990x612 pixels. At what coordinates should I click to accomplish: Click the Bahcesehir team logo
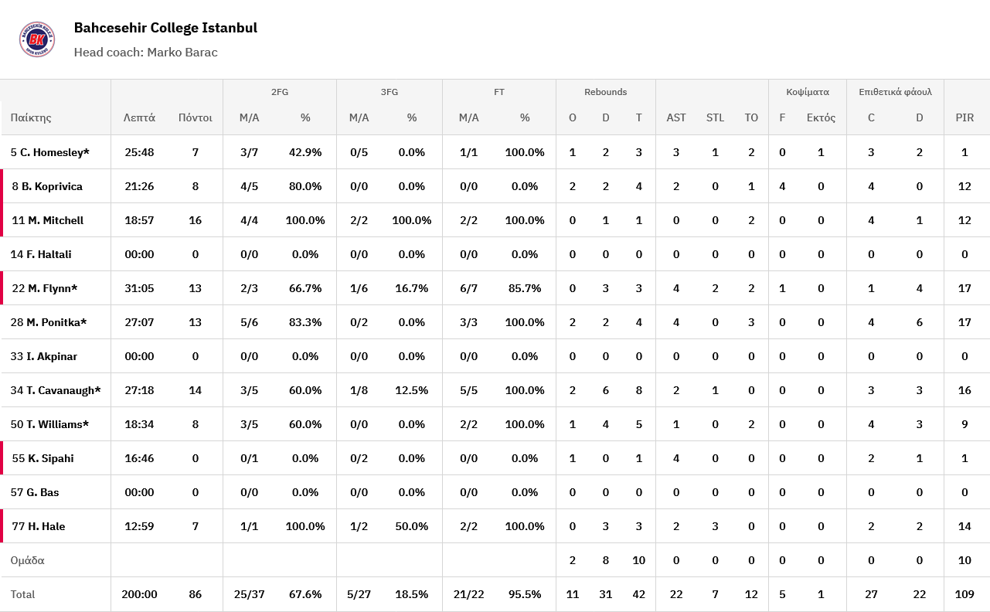pyautogui.click(x=37, y=39)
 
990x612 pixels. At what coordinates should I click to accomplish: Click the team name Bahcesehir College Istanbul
pyautogui.click(x=165, y=28)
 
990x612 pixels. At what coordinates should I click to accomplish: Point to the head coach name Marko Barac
pyautogui.click(x=182, y=53)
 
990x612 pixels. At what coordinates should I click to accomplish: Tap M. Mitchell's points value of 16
pyautogui.click(x=195, y=220)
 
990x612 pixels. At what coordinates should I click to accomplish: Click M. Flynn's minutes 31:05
pyautogui.click(x=139, y=288)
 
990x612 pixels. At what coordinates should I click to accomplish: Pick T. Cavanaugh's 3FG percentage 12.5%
pyautogui.click(x=412, y=390)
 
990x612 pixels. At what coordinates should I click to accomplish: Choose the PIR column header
pyautogui.click(x=964, y=118)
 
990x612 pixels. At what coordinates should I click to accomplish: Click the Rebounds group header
pyautogui.click(x=605, y=92)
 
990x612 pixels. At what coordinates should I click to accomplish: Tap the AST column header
pyautogui.click(x=676, y=118)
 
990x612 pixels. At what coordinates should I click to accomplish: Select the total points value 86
pyautogui.click(x=195, y=594)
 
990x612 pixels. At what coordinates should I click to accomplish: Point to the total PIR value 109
pyautogui.click(x=964, y=594)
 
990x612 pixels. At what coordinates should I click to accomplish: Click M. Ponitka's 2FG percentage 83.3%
pyautogui.click(x=305, y=322)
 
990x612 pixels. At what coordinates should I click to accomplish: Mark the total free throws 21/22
pyautogui.click(x=468, y=594)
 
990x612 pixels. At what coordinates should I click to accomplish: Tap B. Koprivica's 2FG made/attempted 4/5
pyautogui.click(x=249, y=186)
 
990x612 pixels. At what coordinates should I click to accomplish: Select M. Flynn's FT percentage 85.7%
pyautogui.click(x=525, y=288)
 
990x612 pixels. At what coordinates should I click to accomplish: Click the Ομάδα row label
pyautogui.click(x=28, y=560)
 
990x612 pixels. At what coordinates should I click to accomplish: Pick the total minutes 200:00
pyautogui.click(x=139, y=594)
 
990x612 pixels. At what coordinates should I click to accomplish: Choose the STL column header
pyautogui.click(x=715, y=118)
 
